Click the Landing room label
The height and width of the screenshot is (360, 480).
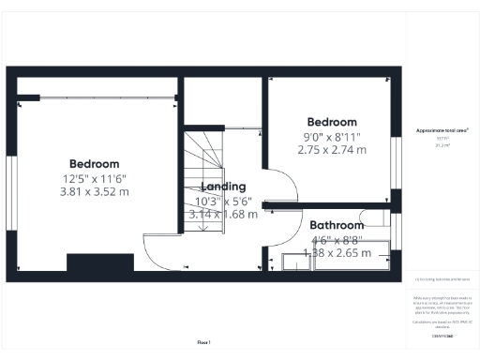(223, 187)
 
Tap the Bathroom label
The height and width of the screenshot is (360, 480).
(337, 226)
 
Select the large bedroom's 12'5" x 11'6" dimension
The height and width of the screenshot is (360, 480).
(94, 178)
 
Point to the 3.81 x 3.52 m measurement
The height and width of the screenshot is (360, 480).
(94, 191)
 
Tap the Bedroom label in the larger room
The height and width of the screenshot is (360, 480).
(94, 163)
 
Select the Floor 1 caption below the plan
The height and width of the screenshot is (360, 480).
(203, 342)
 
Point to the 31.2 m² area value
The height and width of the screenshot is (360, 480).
(442, 145)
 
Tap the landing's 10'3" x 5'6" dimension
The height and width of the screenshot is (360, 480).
(223, 201)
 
